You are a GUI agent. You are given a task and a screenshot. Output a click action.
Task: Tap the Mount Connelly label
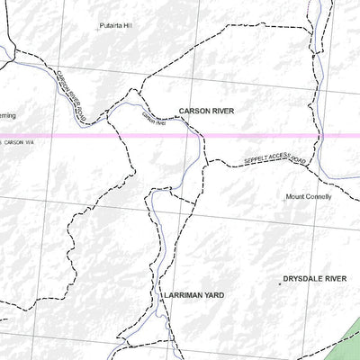pyautogui.click(x=309, y=196)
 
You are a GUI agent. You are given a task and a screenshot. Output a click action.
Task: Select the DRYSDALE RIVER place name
pyautogui.click(x=314, y=280)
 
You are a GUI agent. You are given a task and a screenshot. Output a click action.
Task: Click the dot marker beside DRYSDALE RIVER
pyautogui.click(x=279, y=282)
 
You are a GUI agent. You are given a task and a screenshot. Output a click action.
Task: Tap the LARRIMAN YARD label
pyautogui.click(x=193, y=294)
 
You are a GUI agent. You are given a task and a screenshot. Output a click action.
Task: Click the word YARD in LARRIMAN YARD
pyautogui.click(x=214, y=294)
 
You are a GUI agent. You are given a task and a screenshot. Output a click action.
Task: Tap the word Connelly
pyautogui.click(x=317, y=196)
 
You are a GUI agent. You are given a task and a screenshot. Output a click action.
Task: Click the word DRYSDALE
pyautogui.click(x=301, y=280)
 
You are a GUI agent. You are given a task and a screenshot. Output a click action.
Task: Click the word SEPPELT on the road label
pyautogui.click(x=256, y=163)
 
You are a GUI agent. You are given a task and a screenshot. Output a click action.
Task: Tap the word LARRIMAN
pyautogui.click(x=183, y=294)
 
